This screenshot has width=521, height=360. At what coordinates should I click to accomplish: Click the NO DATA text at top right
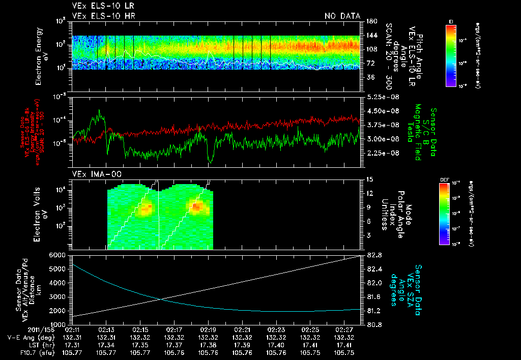pos(342,16)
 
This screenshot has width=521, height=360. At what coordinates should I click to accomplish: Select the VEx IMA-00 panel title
pos(90,174)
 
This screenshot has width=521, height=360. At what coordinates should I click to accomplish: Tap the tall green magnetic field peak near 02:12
pos(99,111)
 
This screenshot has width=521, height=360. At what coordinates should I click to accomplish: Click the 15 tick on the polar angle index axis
pos(369,179)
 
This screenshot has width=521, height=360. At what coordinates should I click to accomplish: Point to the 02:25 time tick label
pos(310,331)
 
